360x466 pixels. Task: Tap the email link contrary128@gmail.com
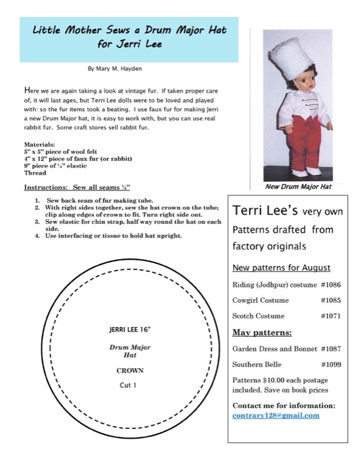click(276, 415)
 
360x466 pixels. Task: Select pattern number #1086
click(331, 285)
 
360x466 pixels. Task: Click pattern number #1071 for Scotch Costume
click(331, 316)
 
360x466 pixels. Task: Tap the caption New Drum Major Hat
click(298, 187)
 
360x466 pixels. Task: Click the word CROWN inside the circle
click(130, 371)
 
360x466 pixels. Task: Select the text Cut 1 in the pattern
click(128, 385)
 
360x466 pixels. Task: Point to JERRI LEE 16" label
click(130, 329)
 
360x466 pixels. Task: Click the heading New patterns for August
click(281, 268)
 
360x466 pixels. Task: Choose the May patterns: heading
click(262, 333)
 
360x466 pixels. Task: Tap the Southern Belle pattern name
click(257, 364)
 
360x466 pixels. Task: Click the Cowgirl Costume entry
click(260, 300)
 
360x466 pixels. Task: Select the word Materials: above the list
click(39, 145)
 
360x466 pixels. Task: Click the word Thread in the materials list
click(35, 173)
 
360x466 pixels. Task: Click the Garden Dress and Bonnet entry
click(274, 349)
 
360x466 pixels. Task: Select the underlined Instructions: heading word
click(45, 187)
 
